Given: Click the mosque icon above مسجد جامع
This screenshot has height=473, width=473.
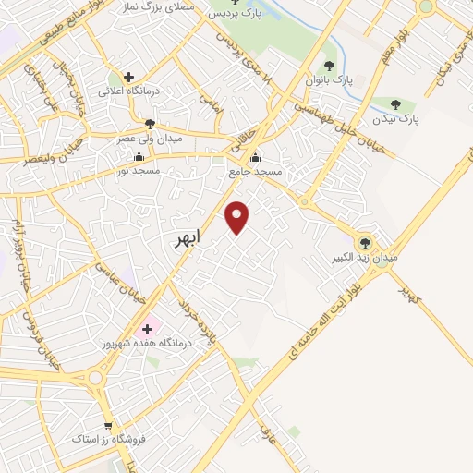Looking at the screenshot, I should click(x=256, y=156).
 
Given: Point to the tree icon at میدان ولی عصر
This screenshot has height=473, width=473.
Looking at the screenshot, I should click(x=150, y=123).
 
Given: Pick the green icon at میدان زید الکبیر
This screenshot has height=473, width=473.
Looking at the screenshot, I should click(x=366, y=244).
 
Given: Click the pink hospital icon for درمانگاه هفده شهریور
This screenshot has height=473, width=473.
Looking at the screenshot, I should click(x=148, y=328).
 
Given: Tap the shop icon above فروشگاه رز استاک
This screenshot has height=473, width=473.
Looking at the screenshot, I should click(x=109, y=426).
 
